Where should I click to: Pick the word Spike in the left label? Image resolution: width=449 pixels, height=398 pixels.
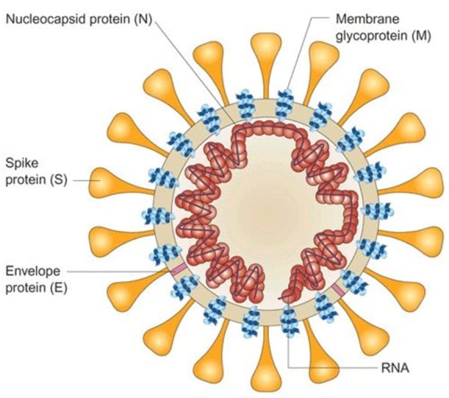pyautogui.click(x=21, y=161)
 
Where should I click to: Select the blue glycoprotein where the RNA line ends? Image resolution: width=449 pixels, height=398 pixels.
pyautogui.click(x=290, y=321)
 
